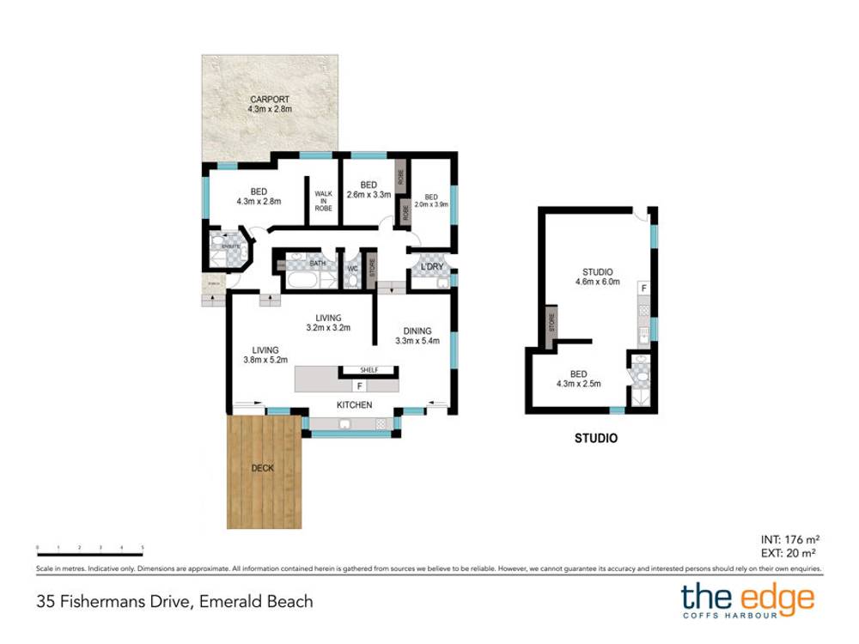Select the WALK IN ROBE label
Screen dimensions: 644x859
pyautogui.click(x=323, y=207)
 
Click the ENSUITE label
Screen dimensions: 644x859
pyautogui.click(x=229, y=246)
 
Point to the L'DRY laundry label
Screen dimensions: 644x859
pyautogui.click(x=431, y=268)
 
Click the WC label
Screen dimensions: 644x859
pyautogui.click(x=352, y=269)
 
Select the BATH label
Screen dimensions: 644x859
pyautogui.click(x=317, y=264)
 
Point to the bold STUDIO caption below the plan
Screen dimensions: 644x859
pyautogui.click(x=595, y=437)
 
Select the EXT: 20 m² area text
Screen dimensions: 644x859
pyautogui.click(x=788, y=554)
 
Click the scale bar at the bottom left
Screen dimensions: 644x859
pyautogui.click(x=89, y=546)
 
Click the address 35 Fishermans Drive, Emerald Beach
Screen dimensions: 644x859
pyautogui.click(x=174, y=601)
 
